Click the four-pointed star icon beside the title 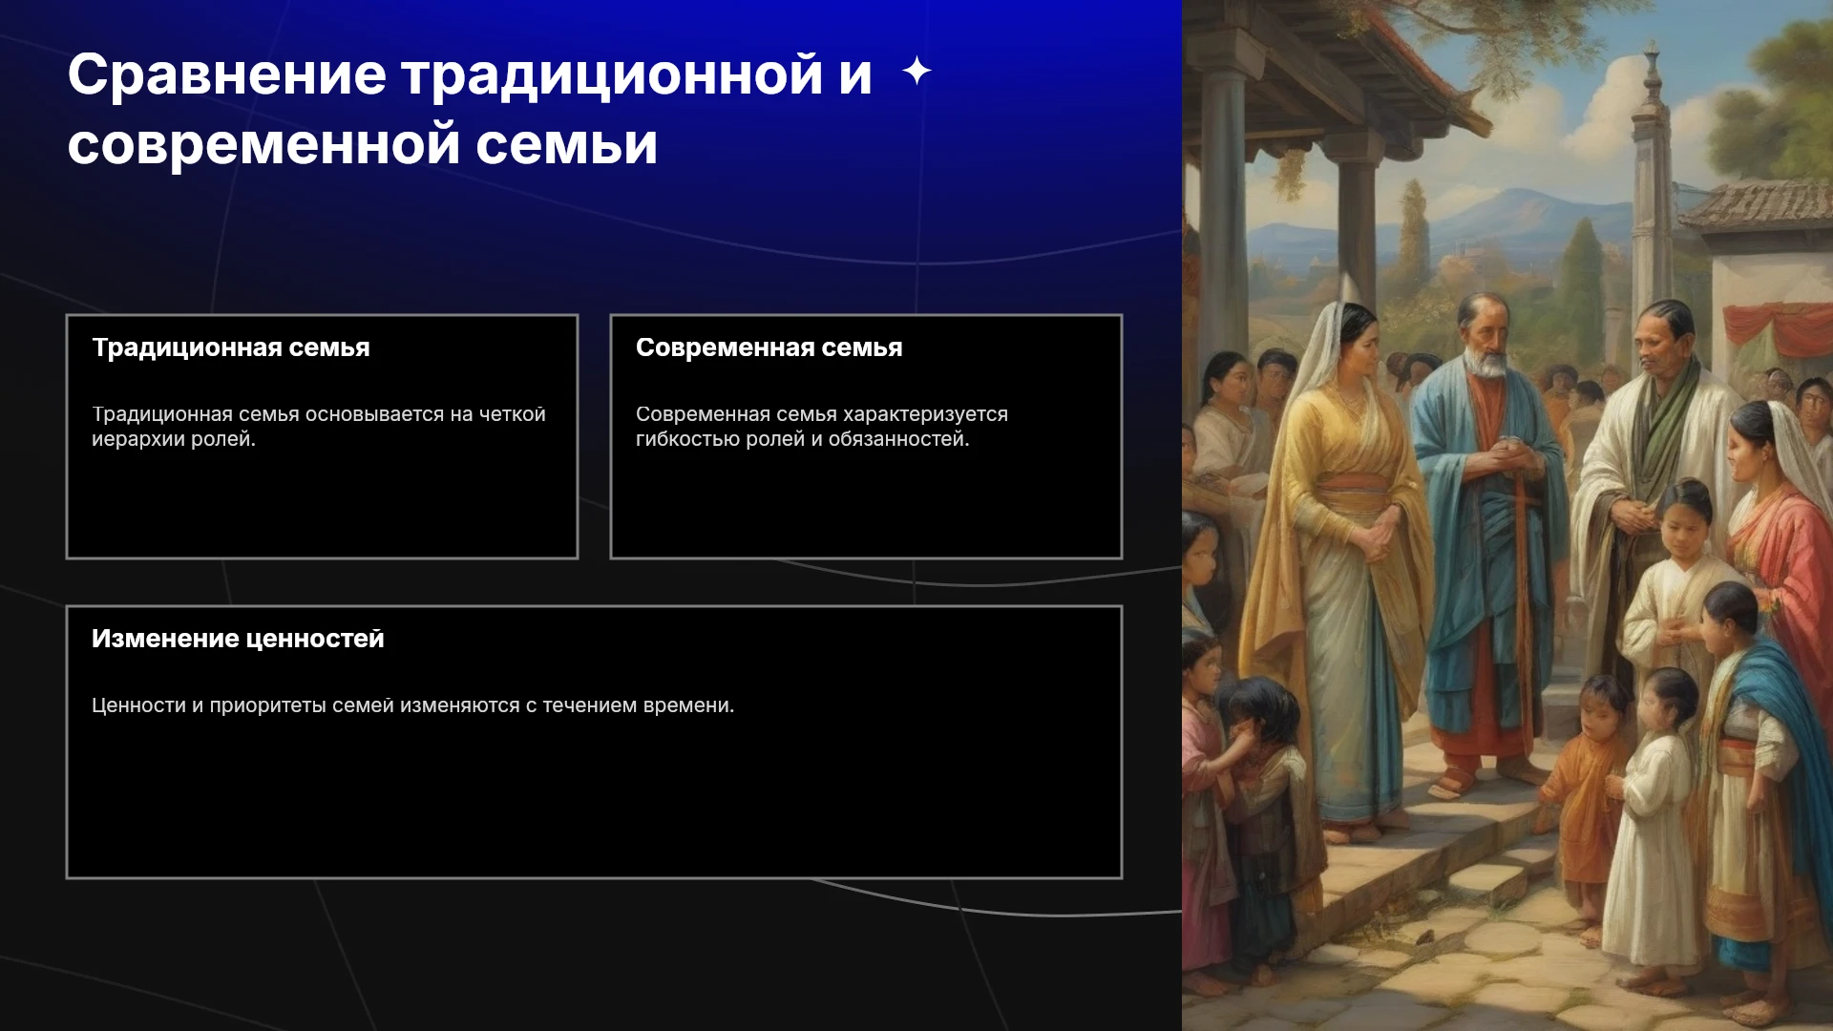tap(916, 71)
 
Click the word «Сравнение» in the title tap(227, 74)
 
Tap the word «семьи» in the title tap(566, 145)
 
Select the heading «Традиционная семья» tap(230, 347)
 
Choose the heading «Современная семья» tap(769, 347)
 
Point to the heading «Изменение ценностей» tap(238, 639)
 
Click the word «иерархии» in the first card tap(129, 439)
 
